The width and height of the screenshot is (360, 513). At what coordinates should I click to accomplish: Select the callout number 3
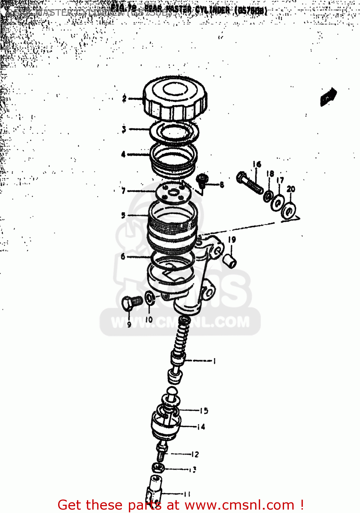point(124,129)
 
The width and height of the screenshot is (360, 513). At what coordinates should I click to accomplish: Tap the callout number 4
point(123,154)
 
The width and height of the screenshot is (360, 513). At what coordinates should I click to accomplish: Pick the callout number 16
point(257,165)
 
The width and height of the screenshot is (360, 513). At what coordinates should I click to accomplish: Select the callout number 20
point(291,189)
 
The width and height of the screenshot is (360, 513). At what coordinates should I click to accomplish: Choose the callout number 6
point(123,256)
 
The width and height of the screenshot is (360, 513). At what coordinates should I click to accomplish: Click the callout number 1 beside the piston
point(214,361)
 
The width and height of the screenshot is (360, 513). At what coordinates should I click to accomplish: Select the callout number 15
point(204,411)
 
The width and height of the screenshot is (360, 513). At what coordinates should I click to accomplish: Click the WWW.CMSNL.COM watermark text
point(180,323)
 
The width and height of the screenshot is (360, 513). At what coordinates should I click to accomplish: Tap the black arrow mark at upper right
point(328,97)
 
